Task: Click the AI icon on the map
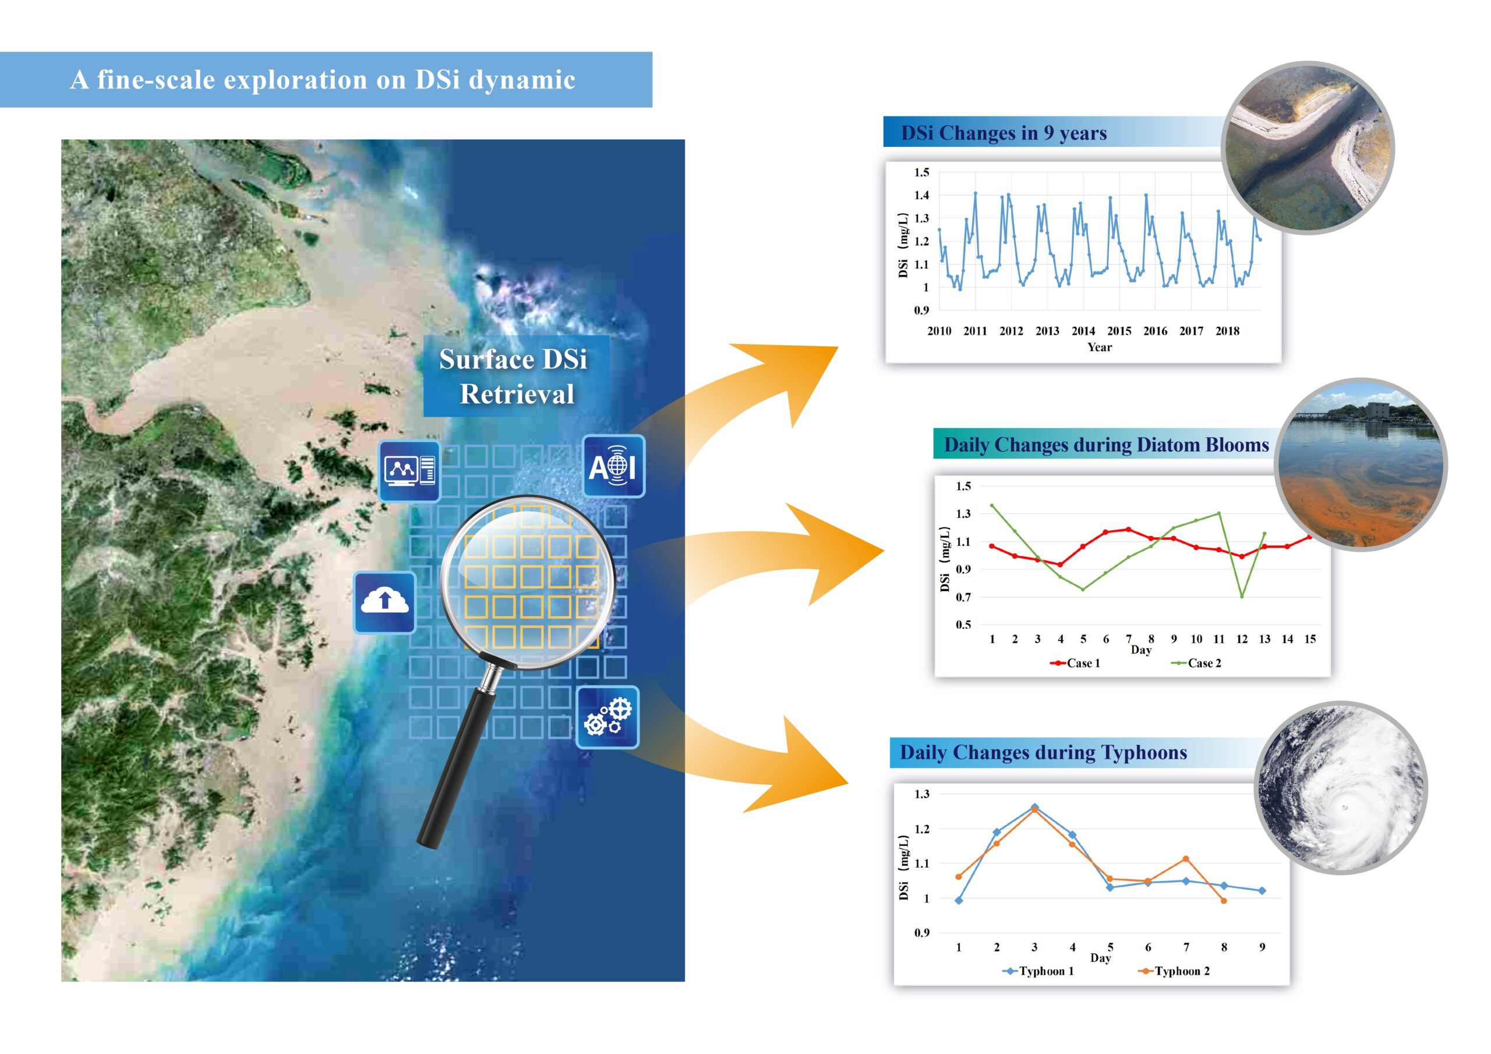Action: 614,466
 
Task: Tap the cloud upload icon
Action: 384,602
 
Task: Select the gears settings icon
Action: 608,717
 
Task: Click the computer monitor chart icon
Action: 409,471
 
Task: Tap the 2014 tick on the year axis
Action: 1083,331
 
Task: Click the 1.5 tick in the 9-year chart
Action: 921,172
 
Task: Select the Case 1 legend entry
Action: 1075,663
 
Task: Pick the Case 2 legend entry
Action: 1196,663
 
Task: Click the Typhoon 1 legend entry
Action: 1038,971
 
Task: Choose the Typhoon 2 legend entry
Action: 1174,971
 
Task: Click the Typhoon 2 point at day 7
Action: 1186,859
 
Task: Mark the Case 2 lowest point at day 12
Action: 1242,596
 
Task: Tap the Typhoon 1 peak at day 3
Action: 1034,807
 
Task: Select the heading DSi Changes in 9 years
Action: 1004,133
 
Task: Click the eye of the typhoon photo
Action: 1345,807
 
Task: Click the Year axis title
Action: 1100,347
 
